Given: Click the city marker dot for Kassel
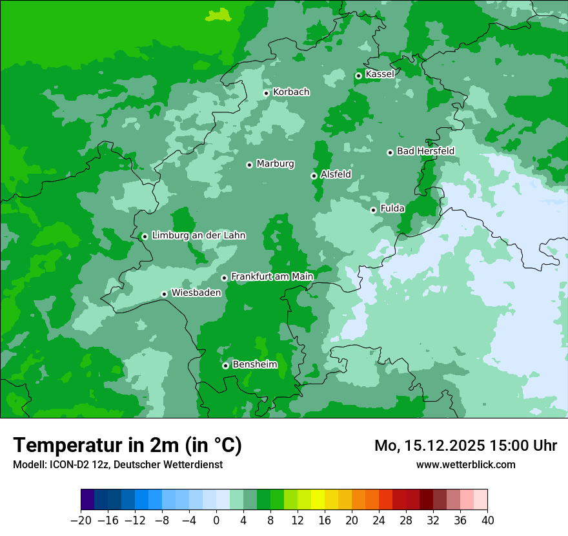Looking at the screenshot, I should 358,76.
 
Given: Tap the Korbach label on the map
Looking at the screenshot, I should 291,92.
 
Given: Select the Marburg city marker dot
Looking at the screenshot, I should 249,165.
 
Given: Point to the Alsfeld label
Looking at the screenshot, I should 336,174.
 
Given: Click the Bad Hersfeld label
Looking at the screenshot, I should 425,151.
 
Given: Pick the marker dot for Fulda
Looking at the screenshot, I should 373,210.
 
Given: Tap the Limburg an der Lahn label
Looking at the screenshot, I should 198,236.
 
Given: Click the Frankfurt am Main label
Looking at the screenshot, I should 272,277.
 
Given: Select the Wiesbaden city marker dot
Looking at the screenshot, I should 164,294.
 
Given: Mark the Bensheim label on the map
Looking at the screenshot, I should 254,365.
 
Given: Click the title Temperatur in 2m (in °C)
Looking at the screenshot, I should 127,446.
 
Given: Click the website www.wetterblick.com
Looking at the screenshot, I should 465,465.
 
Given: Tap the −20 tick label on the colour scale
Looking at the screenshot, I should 81,521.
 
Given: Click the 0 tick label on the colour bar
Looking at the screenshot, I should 216,521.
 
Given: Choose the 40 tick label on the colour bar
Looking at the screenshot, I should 487,521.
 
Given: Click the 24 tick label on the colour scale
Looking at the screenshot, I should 379,521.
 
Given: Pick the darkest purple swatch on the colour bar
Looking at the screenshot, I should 88,500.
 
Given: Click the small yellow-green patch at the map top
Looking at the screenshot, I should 219,14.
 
